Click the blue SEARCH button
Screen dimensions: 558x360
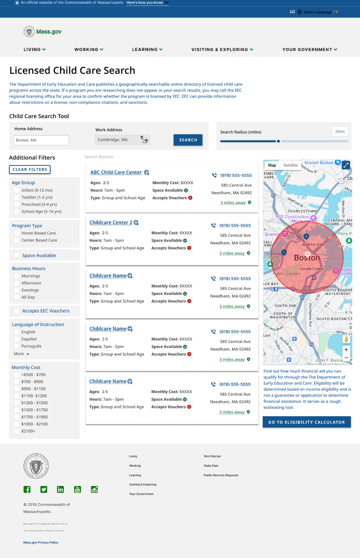click(188, 140)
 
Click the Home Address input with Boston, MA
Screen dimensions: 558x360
click(41, 140)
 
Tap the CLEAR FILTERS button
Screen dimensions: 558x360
click(30, 169)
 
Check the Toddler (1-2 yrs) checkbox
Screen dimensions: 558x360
click(17, 198)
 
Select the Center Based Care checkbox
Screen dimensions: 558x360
click(17, 240)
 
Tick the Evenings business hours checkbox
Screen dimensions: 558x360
click(17, 290)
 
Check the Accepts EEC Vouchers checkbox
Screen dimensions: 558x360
click(17, 311)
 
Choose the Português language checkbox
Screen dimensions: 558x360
click(17, 346)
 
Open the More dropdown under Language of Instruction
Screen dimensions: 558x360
click(21, 354)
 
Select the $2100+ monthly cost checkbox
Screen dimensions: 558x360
click(17, 431)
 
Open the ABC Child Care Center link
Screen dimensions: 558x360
click(116, 172)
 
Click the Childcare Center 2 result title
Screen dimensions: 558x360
click(111, 222)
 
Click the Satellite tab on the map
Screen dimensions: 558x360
click(291, 165)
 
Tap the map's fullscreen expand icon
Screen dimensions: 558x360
click(346, 165)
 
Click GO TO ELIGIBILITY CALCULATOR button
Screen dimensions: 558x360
click(306, 422)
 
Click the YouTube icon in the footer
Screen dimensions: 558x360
click(78, 489)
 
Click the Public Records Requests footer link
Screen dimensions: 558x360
click(221, 475)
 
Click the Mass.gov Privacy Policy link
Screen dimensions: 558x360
click(41, 543)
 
